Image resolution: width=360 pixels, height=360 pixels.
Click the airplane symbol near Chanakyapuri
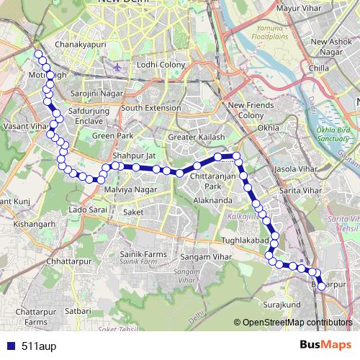117,67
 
